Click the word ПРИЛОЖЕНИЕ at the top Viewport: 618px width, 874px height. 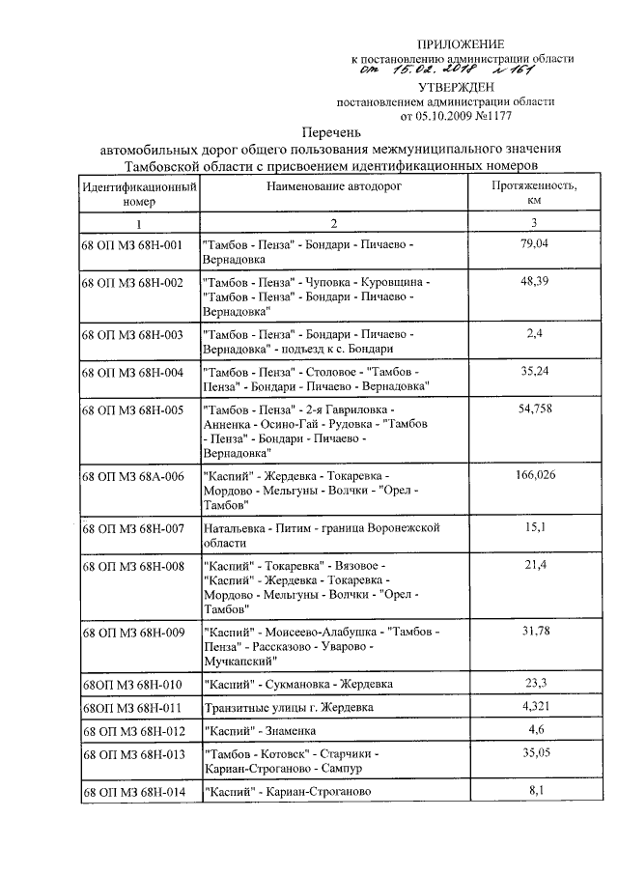click(461, 44)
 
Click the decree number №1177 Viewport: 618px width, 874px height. click(493, 116)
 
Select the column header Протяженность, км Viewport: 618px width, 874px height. click(534, 193)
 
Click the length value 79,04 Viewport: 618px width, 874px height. click(534, 244)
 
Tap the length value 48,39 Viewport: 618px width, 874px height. click(534, 281)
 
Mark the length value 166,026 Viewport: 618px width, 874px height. click(534, 475)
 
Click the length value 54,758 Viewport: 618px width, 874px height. click(534, 409)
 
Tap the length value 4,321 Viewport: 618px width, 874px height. click(534, 707)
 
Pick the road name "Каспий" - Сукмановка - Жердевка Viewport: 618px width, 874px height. click(297, 685)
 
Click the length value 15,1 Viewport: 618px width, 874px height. click(534, 527)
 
